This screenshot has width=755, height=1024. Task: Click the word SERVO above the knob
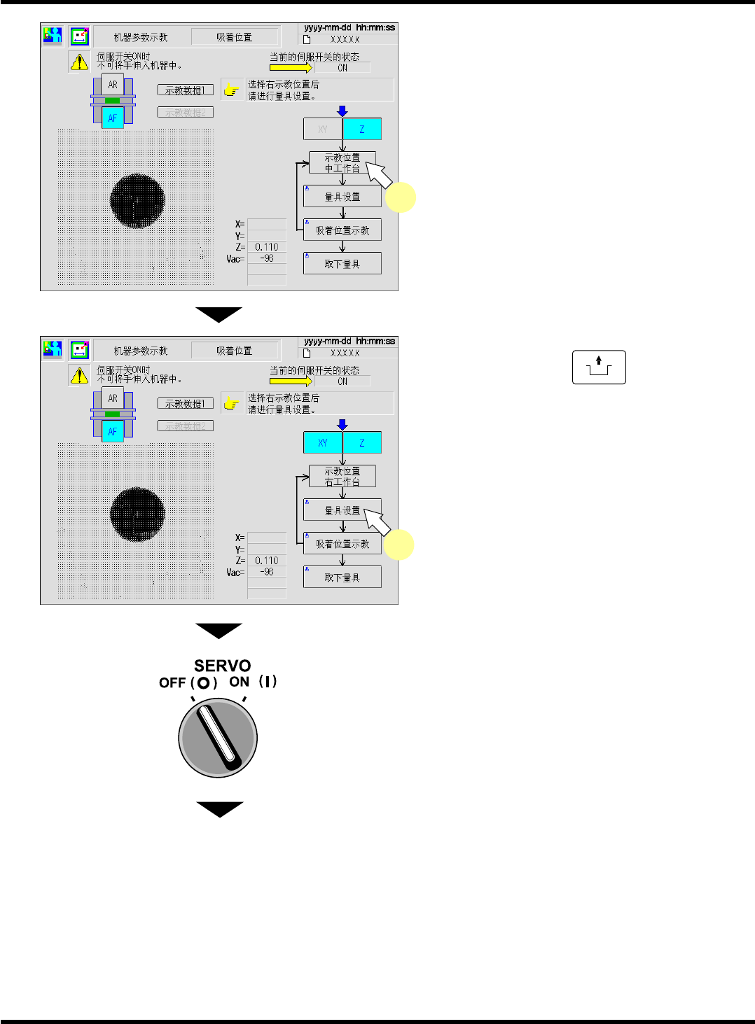222,666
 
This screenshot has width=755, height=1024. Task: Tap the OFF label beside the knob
172,682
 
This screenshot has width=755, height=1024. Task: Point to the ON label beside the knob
240,681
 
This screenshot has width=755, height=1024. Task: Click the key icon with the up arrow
599,367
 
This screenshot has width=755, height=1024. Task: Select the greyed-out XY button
322,129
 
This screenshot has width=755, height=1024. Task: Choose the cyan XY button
322,443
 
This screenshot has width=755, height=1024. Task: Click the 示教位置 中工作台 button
342,162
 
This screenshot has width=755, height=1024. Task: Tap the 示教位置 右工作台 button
342,476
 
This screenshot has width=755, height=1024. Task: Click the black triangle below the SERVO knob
219,808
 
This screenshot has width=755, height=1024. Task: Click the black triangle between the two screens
219,314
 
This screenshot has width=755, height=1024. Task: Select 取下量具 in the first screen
342,264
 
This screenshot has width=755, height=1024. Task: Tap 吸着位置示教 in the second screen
342,544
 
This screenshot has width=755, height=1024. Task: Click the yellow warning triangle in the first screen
79,62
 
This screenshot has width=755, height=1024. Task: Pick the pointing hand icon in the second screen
232,403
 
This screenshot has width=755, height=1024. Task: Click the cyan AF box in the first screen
113,118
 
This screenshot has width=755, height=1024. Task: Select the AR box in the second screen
113,398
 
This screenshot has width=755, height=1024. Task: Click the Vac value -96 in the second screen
267,572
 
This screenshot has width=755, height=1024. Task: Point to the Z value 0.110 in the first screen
267,247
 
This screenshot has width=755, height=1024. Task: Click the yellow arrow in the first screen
291,68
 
